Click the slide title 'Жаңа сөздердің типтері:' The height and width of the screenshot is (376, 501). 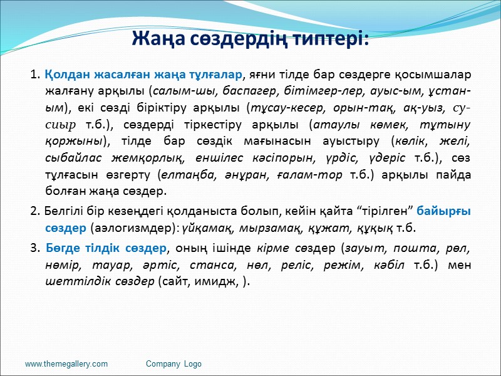point(250,39)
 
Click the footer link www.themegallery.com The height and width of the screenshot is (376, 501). point(66,363)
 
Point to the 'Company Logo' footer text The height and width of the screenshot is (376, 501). point(173,363)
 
